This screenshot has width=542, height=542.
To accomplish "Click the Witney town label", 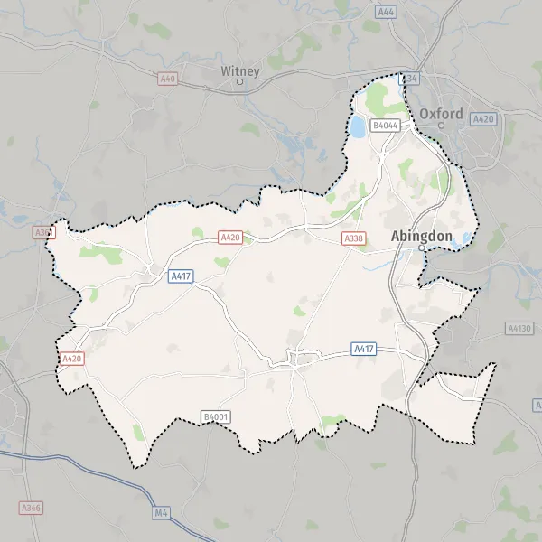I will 240,70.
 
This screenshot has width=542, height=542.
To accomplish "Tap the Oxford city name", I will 441,114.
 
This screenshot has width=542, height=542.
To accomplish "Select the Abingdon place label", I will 421,235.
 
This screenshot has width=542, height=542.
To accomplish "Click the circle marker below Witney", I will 240,82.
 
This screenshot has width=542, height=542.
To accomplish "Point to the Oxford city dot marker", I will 442,126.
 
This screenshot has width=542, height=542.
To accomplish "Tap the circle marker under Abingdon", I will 421,247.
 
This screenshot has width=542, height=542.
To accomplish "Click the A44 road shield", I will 388,12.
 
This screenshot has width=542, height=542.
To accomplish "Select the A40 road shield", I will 167,79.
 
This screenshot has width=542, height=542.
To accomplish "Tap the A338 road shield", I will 353,238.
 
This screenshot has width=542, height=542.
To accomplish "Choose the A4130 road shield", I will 519,328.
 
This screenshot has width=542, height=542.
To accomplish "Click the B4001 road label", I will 216,416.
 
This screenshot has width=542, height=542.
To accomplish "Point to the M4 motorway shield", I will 162,513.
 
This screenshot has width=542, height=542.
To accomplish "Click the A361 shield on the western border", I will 42,232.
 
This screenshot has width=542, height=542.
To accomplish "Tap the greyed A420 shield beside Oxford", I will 483,118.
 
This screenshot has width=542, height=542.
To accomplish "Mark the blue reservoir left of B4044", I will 358,126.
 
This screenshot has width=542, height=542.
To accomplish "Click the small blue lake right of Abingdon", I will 466,238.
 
